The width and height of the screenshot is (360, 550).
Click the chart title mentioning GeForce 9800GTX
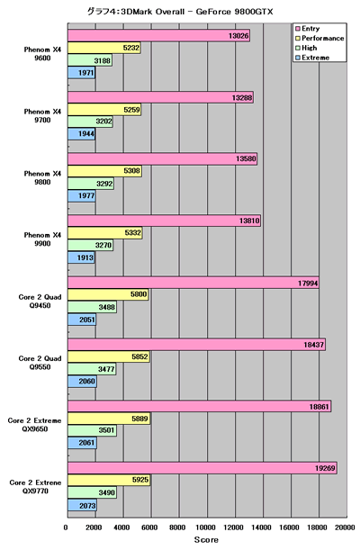(x=180, y=12)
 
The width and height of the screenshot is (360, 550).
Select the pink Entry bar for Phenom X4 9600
(x=158, y=36)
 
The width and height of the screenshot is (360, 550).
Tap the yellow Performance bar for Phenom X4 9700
(x=104, y=110)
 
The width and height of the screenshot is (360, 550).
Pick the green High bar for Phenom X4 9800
(x=91, y=184)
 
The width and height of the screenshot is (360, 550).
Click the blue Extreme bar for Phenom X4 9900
(x=81, y=257)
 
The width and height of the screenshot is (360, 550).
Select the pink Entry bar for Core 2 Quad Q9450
(x=193, y=283)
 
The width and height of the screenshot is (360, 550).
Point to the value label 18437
(x=313, y=345)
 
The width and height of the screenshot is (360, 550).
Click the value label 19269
(x=325, y=468)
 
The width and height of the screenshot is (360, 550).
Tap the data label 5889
(x=139, y=419)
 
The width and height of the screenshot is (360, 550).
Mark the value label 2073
(x=87, y=506)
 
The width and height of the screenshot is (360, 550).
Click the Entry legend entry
(x=308, y=29)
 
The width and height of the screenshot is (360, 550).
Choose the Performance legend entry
(x=319, y=38)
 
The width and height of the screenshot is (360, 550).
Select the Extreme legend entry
(x=312, y=58)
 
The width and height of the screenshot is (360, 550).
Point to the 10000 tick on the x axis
(x=206, y=527)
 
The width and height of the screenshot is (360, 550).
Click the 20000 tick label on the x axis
(x=345, y=527)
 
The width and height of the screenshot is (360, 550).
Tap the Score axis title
(x=206, y=540)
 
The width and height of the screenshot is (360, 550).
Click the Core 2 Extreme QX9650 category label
(x=35, y=424)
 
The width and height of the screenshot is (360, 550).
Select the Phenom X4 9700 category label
(x=42, y=116)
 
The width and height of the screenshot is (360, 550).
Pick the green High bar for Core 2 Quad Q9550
(x=92, y=369)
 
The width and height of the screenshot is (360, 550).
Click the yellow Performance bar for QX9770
(x=109, y=480)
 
